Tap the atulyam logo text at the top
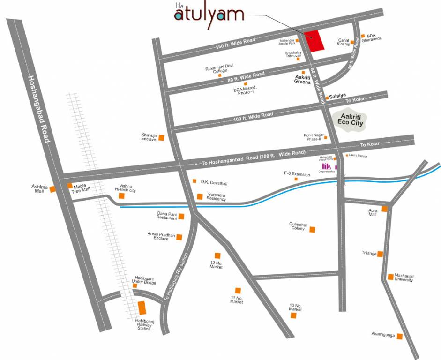pyautogui.click(x=209, y=15)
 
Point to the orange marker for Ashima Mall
pyautogui.click(x=53, y=189)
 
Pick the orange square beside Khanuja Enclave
pyautogui.click(x=161, y=137)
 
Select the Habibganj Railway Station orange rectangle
pyautogui.click(x=142, y=309)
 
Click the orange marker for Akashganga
pyautogui.click(x=399, y=336)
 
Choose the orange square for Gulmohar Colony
pyautogui.click(x=313, y=229)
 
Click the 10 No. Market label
pyautogui.click(x=295, y=307)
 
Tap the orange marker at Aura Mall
pyautogui.click(x=385, y=209)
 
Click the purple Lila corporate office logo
pyautogui.click(x=327, y=166)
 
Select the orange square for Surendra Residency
pyautogui.click(x=200, y=196)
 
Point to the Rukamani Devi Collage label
pyautogui.click(x=219, y=69)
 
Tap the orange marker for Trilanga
pyautogui.click(x=380, y=254)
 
